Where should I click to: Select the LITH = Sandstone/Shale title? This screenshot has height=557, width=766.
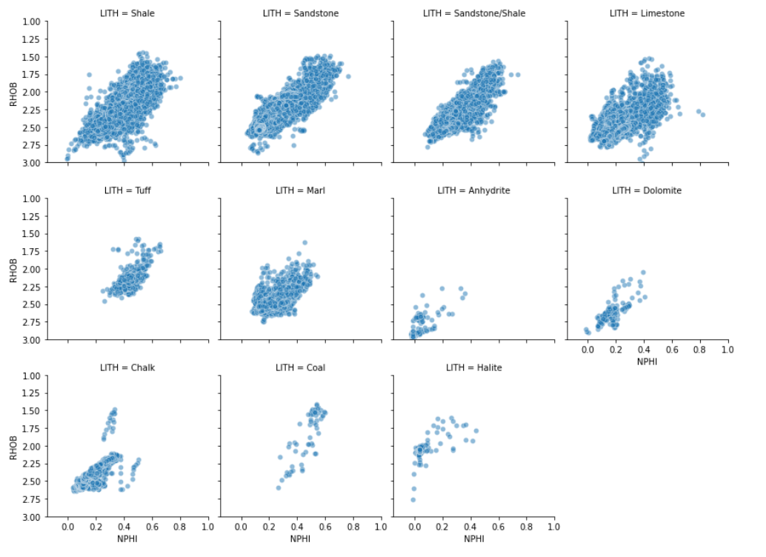click(x=474, y=13)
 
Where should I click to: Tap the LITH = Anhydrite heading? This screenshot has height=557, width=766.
click(x=474, y=190)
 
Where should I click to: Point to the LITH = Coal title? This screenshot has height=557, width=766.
click(x=300, y=367)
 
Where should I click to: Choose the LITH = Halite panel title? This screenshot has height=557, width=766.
click(x=474, y=367)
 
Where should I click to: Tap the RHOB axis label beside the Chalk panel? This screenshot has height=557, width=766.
click(x=14, y=446)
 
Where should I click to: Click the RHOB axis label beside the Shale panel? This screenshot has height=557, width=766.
click(x=14, y=92)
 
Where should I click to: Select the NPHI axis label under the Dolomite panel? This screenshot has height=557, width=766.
click(x=647, y=362)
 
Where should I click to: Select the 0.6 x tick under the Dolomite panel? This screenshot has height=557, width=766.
click(x=671, y=349)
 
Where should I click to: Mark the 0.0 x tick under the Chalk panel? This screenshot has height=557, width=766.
click(x=67, y=527)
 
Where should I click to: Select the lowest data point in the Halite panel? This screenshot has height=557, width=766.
click(x=413, y=500)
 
